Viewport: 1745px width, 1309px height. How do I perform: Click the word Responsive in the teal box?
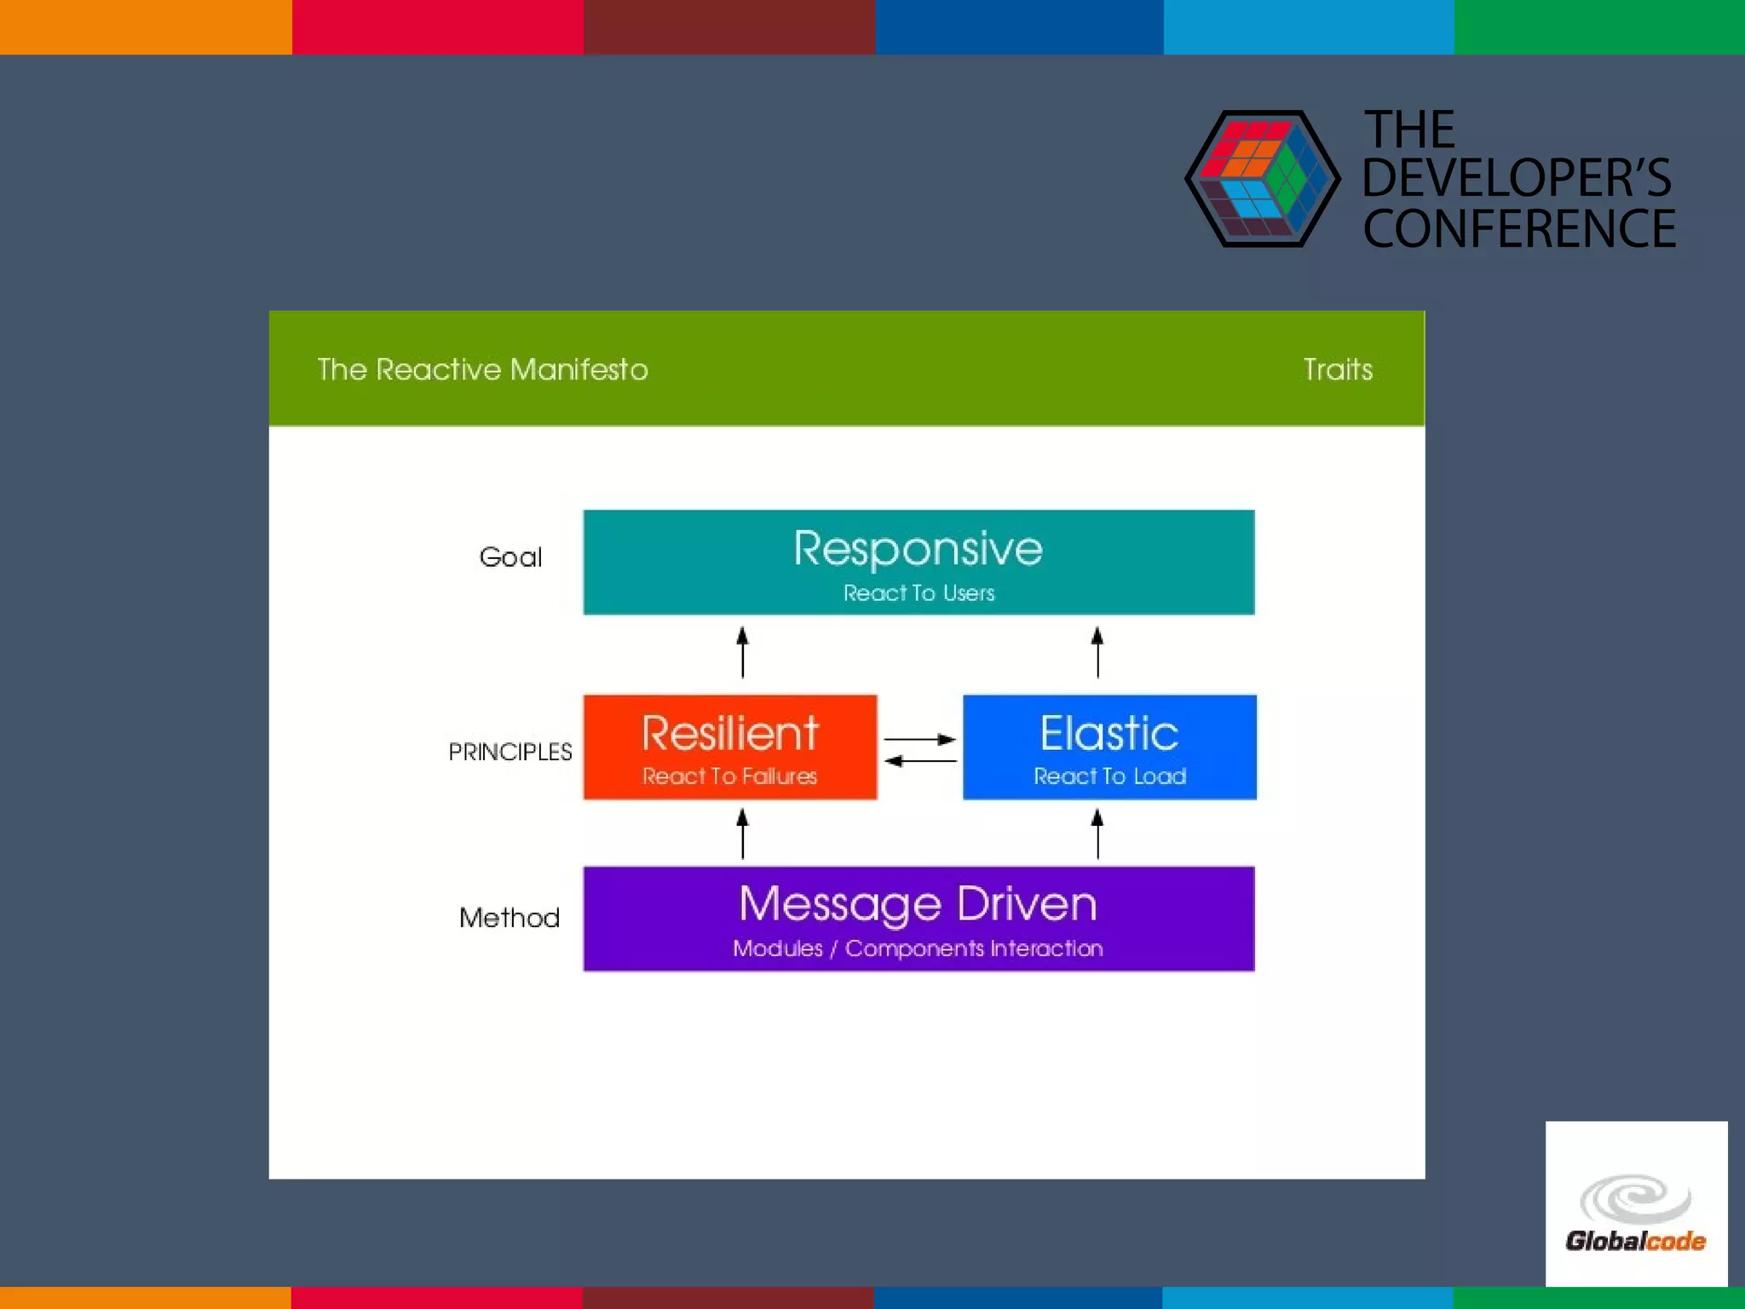[918, 548]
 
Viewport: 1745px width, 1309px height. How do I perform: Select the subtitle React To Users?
[919, 593]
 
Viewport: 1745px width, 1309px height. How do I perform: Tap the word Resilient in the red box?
[730, 733]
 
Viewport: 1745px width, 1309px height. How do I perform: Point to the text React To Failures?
[729, 776]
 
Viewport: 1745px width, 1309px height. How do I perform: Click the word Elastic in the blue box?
[1109, 733]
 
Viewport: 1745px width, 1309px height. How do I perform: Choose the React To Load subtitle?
[1109, 776]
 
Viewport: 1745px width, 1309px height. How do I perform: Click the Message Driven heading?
[918, 904]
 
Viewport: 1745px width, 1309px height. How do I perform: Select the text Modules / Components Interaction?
[918, 949]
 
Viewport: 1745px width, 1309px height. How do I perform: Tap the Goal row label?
[510, 557]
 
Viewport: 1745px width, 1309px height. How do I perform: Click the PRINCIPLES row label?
[510, 752]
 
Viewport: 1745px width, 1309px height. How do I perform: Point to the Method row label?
[510, 918]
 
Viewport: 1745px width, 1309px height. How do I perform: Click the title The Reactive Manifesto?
[482, 370]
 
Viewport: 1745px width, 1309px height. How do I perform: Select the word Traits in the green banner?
[1338, 370]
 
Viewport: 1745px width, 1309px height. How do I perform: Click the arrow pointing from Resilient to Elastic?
[920, 739]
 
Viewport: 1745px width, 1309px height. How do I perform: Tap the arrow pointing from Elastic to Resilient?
[920, 760]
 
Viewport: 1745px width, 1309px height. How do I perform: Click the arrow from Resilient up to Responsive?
[742, 652]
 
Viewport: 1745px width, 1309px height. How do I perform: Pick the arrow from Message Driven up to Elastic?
[1097, 833]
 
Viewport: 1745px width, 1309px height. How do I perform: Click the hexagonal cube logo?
[1262, 179]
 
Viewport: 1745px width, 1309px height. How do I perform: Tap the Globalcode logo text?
[1635, 1241]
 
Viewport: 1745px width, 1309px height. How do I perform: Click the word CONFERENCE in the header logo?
[1519, 229]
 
